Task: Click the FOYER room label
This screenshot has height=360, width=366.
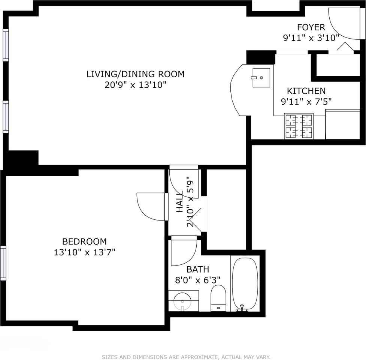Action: coord(311,27)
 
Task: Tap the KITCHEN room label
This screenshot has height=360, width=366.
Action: coord(306,91)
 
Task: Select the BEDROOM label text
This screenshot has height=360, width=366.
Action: coord(85,241)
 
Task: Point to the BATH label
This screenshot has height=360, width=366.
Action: coord(198,269)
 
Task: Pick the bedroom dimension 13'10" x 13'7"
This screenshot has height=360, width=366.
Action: coord(85,252)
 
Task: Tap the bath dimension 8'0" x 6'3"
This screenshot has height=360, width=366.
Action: coord(198,280)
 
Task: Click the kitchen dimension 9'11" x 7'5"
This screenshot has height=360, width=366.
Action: coord(306,102)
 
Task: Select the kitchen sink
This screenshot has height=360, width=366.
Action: coord(261,78)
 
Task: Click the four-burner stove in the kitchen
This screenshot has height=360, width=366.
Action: coord(299,126)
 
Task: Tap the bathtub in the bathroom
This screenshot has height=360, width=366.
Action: coord(245,284)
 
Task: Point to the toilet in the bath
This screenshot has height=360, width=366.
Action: coord(218,298)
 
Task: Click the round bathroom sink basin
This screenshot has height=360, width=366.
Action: coord(182,302)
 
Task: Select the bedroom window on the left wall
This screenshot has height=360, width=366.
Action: coord(3,263)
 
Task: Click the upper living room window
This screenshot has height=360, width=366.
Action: coord(6,45)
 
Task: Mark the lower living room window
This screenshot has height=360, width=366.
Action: coord(6,117)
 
